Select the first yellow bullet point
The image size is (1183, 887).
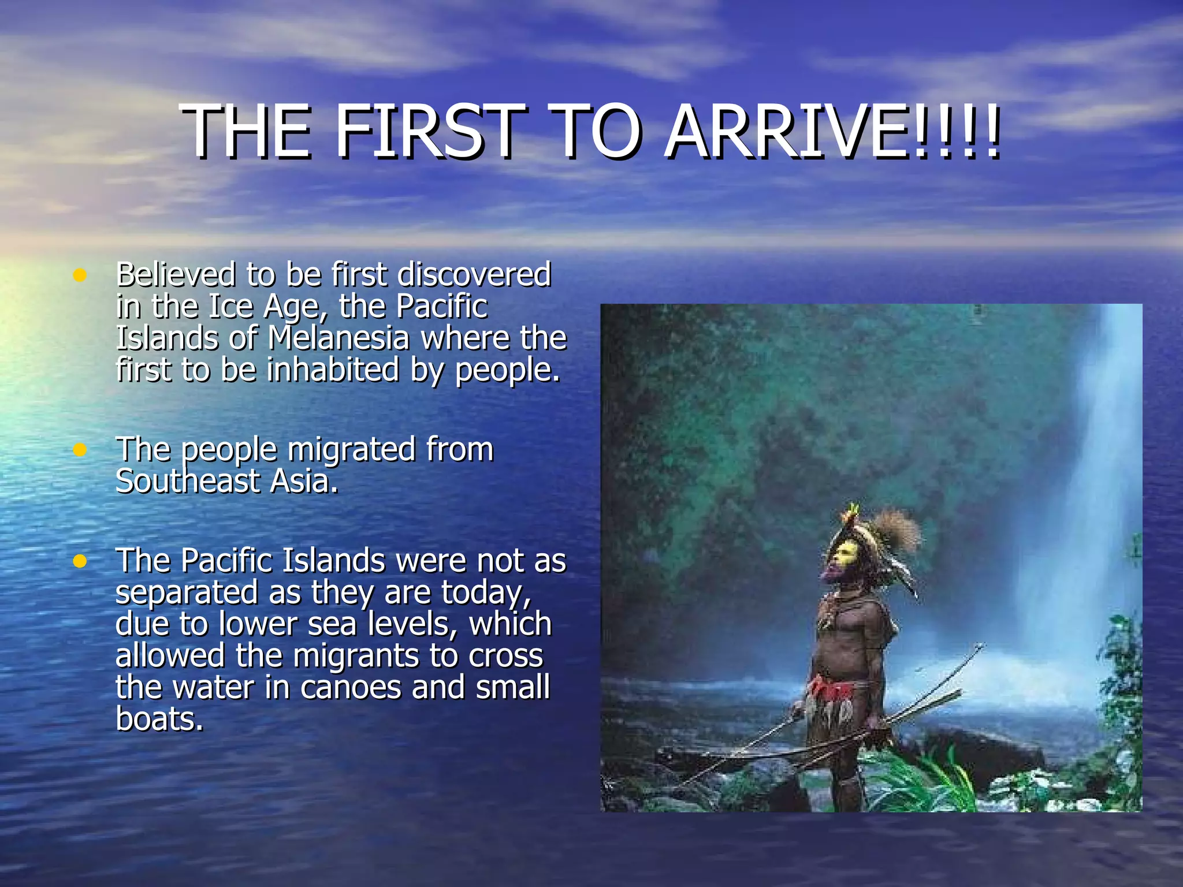pyautogui.click(x=80, y=275)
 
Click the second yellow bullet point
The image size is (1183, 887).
pyautogui.click(x=80, y=450)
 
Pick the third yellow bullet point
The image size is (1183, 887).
pyautogui.click(x=80, y=561)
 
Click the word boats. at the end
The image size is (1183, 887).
pyautogui.click(x=159, y=720)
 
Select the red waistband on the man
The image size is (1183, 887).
pyautogui.click(x=832, y=690)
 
